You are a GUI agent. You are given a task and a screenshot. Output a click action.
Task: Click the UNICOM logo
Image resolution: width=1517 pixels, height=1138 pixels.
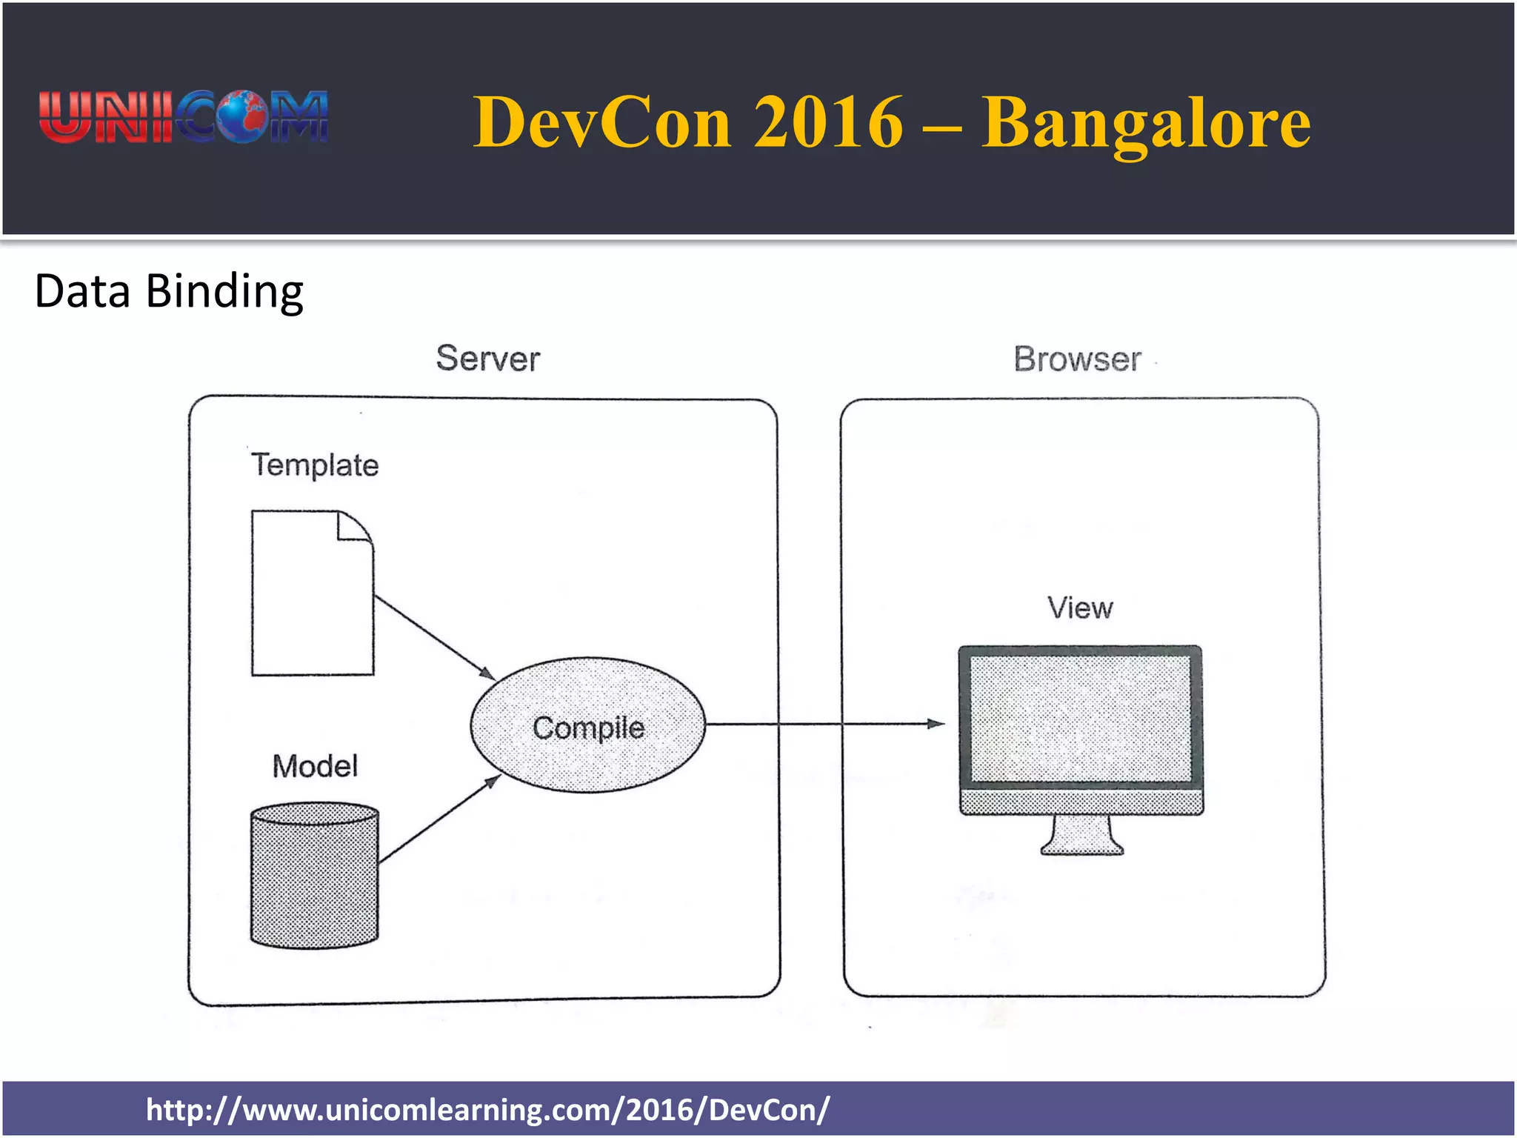point(184,117)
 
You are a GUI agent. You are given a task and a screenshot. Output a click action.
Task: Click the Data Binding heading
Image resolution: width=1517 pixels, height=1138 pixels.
point(169,291)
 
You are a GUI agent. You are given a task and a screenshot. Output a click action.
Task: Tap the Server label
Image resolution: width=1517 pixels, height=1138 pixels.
point(488,359)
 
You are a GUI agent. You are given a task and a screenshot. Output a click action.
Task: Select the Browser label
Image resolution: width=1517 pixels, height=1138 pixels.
point(1077,360)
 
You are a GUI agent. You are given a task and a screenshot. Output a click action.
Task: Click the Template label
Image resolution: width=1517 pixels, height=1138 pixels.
point(315,465)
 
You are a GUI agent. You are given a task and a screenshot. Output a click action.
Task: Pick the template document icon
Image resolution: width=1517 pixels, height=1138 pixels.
point(311,600)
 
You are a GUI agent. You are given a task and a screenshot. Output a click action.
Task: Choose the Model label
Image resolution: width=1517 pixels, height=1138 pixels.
point(315,766)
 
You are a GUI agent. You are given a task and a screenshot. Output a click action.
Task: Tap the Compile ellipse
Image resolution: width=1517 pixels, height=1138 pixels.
point(587,726)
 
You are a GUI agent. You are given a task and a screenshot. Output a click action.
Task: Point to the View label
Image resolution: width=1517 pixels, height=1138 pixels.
point(1080,608)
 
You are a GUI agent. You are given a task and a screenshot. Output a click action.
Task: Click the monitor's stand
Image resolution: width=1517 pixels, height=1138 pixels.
point(1081,836)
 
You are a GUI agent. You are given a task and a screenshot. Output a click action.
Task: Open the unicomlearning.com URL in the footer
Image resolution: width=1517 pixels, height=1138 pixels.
point(487,1110)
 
